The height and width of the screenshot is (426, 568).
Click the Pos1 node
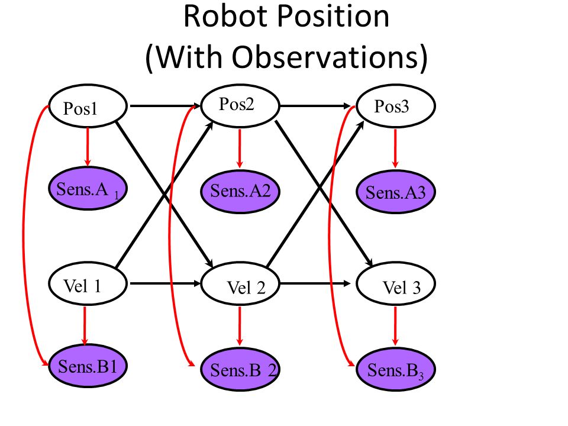pyautogui.click(x=88, y=106)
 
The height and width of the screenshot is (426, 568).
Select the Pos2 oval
pyautogui.click(x=240, y=106)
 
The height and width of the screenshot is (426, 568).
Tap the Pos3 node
pyautogui.click(x=396, y=106)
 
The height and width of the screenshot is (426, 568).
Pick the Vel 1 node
pyautogui.click(x=88, y=284)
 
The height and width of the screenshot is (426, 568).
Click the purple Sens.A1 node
pyautogui.click(x=88, y=188)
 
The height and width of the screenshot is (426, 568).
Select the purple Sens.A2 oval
pyautogui.click(x=241, y=191)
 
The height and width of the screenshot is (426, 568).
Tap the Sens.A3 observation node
pyautogui.click(x=396, y=191)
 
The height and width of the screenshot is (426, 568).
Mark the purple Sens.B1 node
pyautogui.click(x=88, y=366)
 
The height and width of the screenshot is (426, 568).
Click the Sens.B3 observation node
pyautogui.click(x=396, y=369)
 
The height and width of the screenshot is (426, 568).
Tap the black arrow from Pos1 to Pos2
pyautogui.click(x=165, y=106)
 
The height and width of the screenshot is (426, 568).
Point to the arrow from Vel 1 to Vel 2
pyautogui.click(x=165, y=283)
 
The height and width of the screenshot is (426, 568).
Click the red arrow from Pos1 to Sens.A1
pyautogui.click(x=88, y=147)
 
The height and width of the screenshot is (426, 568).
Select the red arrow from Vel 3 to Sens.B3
pyautogui.click(x=395, y=326)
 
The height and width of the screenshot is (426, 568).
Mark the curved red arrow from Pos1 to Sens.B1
pyautogui.click(x=24, y=235)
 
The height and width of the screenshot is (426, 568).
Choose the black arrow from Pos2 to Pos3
pyautogui.click(x=315, y=106)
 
